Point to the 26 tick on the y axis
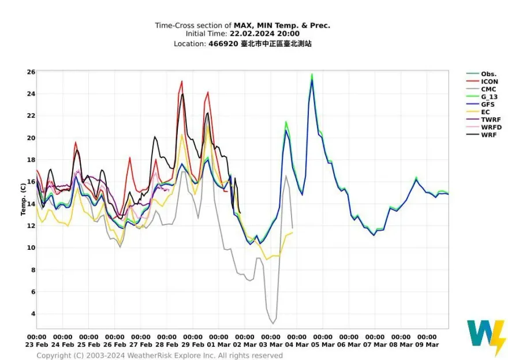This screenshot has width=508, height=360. tap(31, 72)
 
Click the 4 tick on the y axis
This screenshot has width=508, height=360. tap(32, 314)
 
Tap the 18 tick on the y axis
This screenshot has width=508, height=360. tap(31, 160)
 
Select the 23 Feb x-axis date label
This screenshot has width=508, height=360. tap(36, 344)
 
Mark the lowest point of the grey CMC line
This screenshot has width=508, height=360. tap(272, 323)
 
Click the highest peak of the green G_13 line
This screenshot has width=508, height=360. tap(312, 74)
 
